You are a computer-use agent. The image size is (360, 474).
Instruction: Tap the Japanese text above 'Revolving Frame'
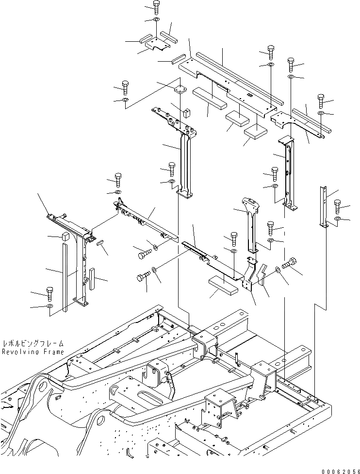pos(33,342)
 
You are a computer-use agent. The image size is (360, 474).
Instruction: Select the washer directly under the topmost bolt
pos(156,20)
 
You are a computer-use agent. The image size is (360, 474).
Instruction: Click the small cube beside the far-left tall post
pos(64,237)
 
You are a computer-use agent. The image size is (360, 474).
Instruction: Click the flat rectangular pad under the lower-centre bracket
pos(223,285)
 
